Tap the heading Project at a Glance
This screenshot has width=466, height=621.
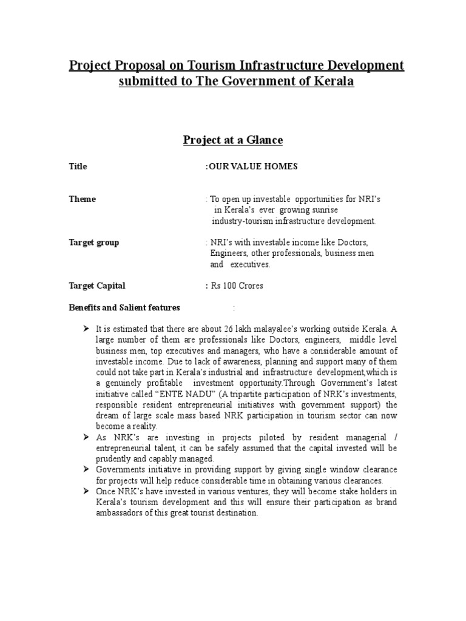233,140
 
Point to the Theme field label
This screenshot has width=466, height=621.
82,199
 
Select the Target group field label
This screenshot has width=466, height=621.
93,243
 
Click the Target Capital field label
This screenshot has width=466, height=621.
97,286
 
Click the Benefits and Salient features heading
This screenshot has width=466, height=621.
124,307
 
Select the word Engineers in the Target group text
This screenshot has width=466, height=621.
229,253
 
